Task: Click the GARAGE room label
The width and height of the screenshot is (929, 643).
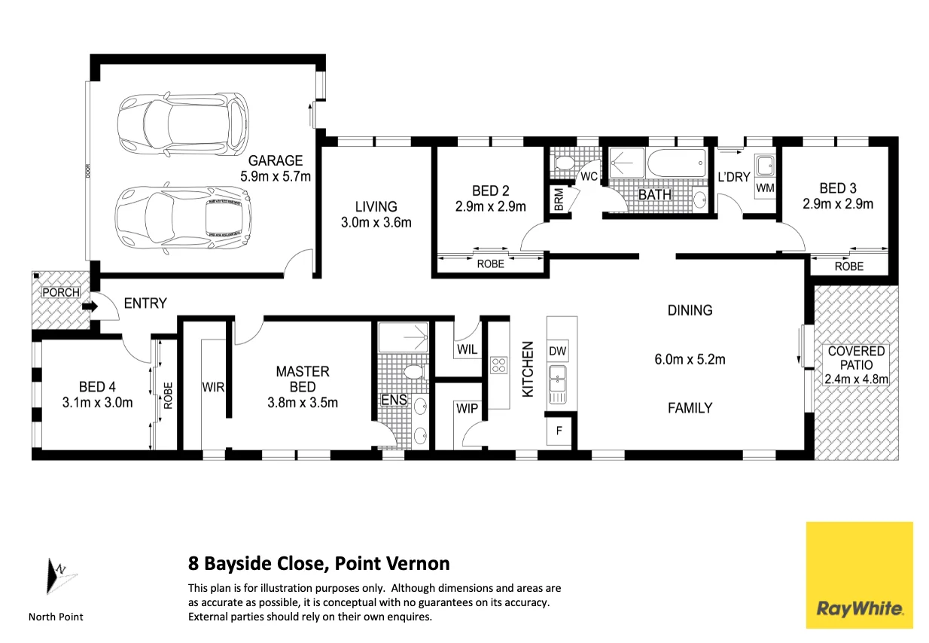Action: (276, 160)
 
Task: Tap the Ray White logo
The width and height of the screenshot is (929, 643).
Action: (859, 575)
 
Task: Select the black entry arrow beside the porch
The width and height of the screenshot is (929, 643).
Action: (90, 306)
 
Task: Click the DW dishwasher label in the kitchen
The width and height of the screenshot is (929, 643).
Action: (557, 352)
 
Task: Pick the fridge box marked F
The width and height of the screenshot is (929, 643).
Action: (559, 431)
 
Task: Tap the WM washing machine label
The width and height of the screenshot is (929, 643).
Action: (765, 188)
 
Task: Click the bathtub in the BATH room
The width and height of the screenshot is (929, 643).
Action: (677, 163)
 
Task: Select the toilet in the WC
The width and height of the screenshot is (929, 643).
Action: (564, 163)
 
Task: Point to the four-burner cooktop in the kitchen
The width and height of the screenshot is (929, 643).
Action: (498, 365)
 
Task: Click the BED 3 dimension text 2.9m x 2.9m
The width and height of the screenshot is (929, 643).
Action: (838, 204)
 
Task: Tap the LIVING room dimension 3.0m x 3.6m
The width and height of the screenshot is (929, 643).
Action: (376, 222)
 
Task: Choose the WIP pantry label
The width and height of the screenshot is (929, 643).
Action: (467, 409)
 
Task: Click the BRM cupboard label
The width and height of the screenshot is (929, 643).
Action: (559, 199)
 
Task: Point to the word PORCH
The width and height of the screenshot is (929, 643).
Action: (61, 292)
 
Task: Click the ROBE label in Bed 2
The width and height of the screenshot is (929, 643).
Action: (490, 264)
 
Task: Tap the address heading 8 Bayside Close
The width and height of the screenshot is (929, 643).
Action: (255, 563)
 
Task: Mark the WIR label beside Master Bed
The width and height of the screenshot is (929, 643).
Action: (213, 388)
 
